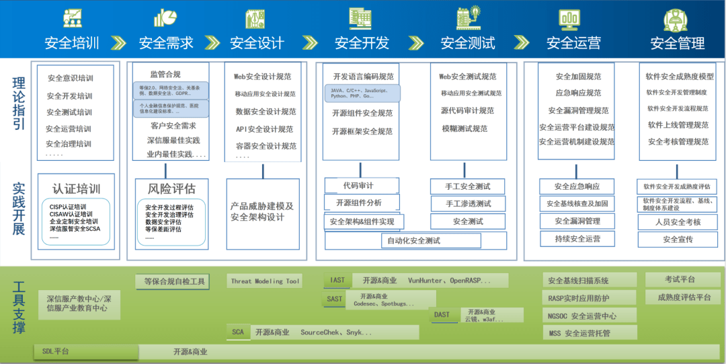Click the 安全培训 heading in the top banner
72,43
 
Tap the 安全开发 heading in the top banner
362,43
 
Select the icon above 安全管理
675,19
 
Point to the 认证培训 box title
77,188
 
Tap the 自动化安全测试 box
413,240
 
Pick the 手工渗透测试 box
468,203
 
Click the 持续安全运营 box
578,238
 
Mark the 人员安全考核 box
678,222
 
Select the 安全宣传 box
678,239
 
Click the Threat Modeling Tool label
265,281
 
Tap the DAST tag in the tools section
442,315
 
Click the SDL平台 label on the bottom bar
55,351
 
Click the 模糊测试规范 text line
465,129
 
